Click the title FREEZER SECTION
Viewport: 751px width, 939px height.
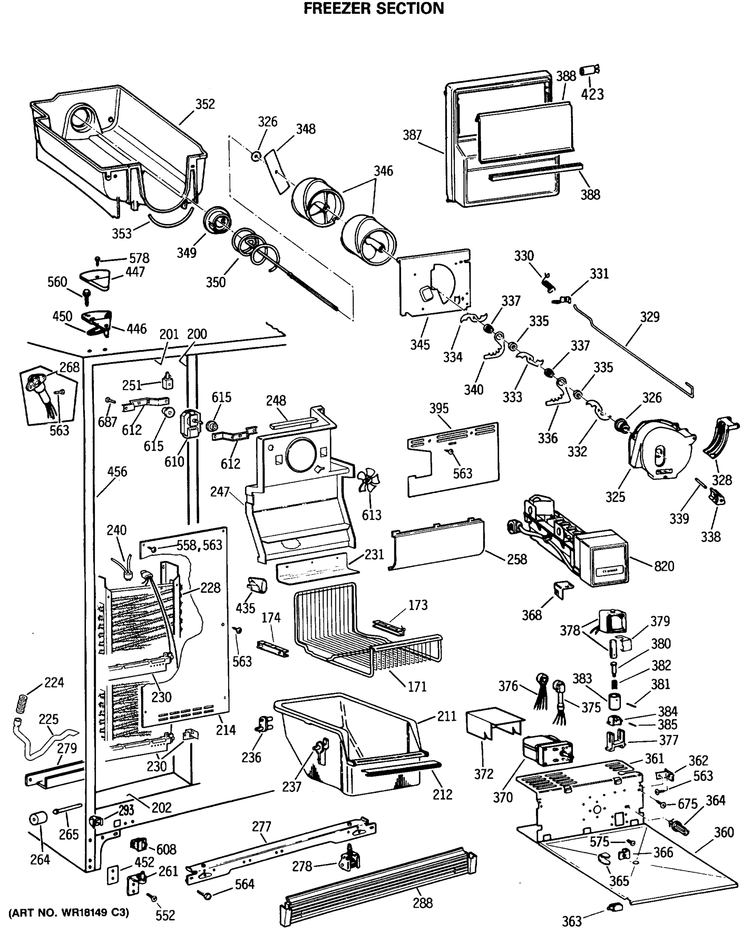coord(374,9)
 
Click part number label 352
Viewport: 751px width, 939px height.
coord(205,104)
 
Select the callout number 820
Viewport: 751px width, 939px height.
coord(663,566)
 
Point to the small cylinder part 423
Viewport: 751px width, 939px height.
coord(589,70)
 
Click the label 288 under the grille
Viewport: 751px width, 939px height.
coord(423,903)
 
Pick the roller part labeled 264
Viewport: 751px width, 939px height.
coord(38,819)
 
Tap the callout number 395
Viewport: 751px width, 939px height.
coord(438,408)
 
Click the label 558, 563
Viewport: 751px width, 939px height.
coord(199,545)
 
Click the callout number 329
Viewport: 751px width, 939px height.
coord(649,317)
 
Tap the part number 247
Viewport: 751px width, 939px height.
coord(219,492)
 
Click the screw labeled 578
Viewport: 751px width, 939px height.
coord(98,261)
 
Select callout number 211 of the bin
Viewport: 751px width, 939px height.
coord(446,716)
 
